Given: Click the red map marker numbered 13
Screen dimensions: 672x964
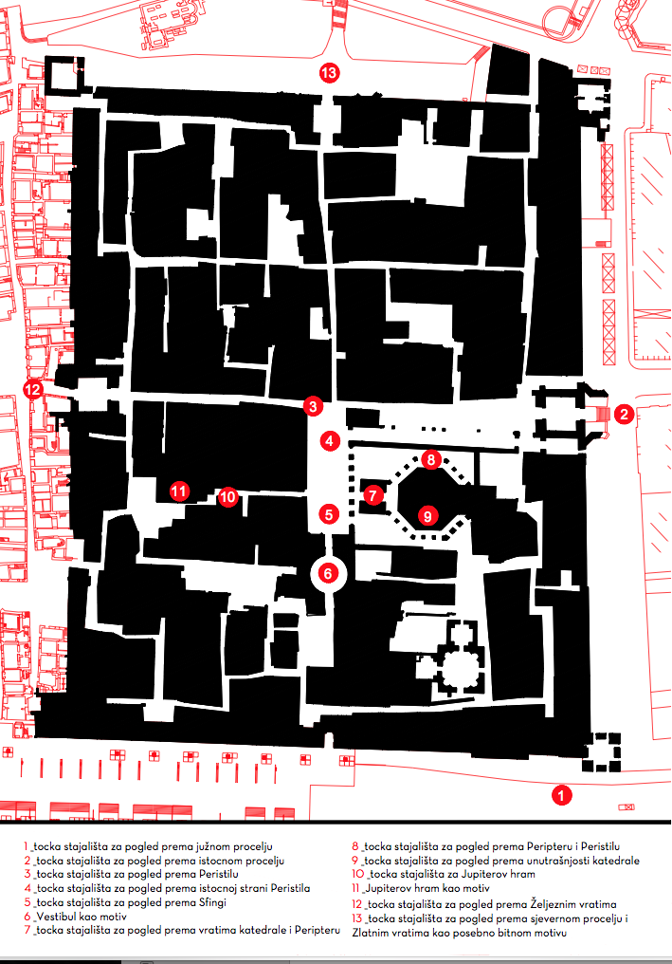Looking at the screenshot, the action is (329, 73).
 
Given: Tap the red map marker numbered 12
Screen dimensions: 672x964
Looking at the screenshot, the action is (32, 389).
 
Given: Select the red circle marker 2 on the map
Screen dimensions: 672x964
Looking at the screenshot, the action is (624, 414).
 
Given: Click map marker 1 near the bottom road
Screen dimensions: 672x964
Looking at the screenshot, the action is (561, 795).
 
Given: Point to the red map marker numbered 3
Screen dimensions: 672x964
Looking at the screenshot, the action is (314, 406).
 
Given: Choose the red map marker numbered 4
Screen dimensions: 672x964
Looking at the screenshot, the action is (330, 441).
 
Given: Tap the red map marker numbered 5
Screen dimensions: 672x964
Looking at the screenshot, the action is (329, 514).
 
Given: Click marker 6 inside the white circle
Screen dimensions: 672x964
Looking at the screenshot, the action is (328, 574).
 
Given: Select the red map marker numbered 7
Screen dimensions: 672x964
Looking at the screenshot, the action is (372, 495).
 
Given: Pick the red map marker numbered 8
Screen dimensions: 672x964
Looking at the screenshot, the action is (431, 459).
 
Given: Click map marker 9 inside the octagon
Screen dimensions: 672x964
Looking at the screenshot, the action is (428, 515).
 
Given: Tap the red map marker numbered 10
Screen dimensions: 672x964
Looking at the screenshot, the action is (227, 497).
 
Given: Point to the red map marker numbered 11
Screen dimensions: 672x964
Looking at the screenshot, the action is (179, 491).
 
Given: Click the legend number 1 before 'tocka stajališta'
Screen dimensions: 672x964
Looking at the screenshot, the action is (26, 846).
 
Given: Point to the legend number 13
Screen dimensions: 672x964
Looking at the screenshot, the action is (357, 919).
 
